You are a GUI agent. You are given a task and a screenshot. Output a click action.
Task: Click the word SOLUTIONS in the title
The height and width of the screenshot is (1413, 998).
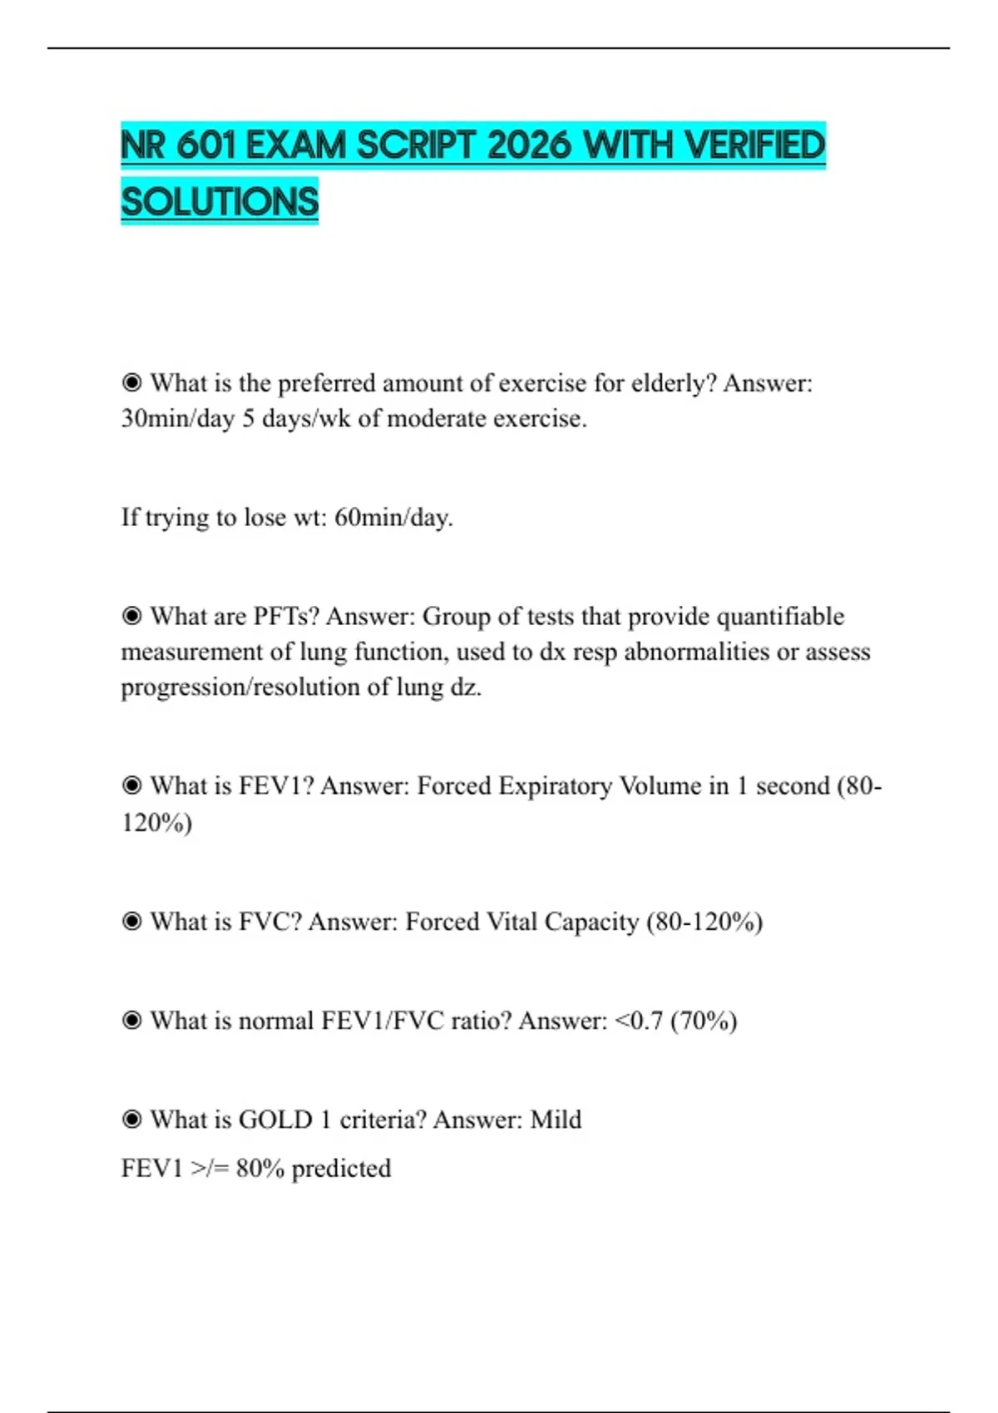[220, 201]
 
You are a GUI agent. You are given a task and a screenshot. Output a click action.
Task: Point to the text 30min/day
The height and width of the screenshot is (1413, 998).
[177, 419]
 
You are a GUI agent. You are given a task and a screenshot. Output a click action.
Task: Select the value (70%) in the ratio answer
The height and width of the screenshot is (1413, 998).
[704, 1021]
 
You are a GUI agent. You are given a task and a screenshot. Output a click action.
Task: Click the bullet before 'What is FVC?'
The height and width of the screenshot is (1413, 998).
[131, 922]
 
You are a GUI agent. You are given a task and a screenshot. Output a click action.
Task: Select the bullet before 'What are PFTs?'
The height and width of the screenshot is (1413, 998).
[131, 617]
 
